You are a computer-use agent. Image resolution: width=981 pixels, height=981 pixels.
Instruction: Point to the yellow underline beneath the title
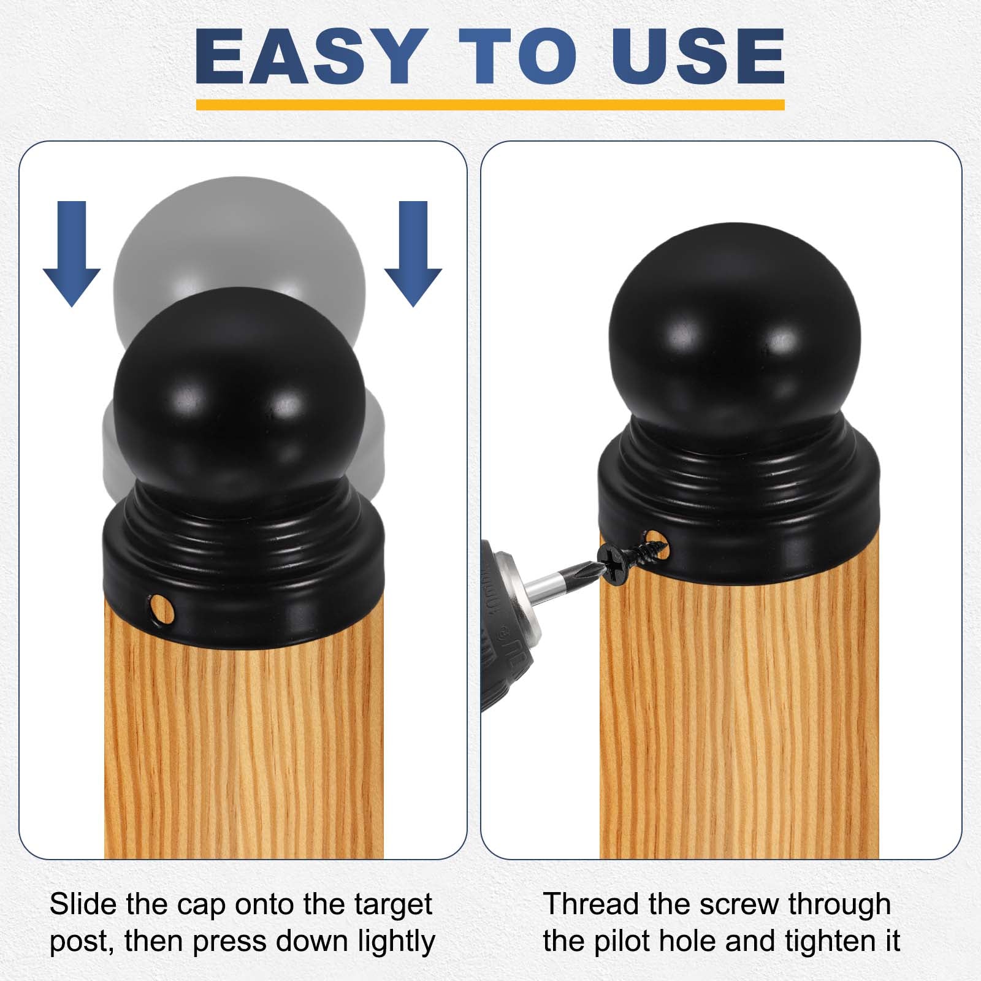click(x=490, y=105)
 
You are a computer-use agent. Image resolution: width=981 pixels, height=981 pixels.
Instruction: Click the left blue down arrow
click(x=72, y=254)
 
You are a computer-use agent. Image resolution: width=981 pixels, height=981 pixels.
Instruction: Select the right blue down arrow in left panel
click(x=413, y=254)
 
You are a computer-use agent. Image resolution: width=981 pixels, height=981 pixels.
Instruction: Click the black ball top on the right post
click(x=735, y=337)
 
